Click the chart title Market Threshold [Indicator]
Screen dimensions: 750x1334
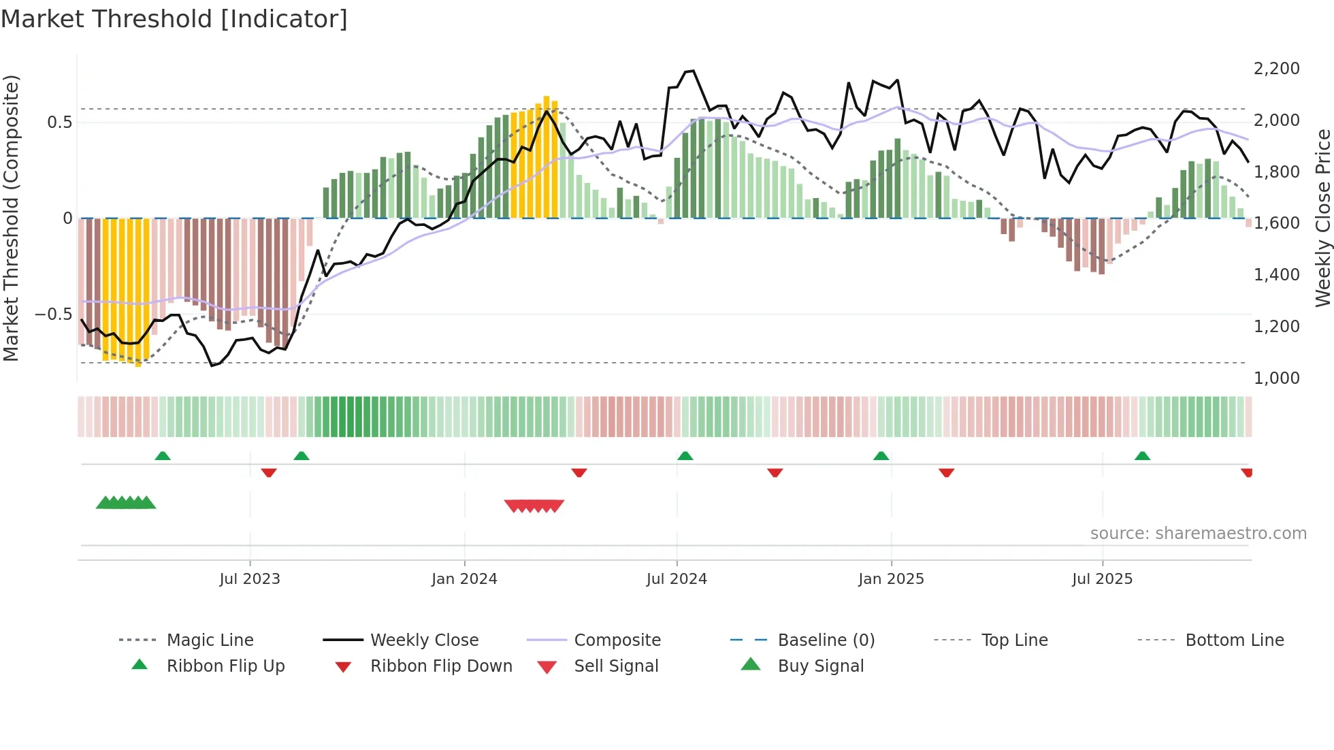174,19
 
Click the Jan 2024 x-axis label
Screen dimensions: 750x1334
464,579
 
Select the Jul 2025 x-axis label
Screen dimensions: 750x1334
1102,579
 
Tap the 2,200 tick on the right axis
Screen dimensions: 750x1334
1276,69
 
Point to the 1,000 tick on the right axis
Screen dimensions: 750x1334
1276,378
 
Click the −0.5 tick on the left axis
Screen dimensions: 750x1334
53,314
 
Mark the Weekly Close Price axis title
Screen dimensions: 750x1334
1322,218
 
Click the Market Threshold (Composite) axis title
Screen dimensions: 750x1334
11,218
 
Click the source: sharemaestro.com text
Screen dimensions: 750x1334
1198,534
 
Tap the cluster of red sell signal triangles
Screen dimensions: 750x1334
534,506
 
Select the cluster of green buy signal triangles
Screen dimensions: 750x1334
126,503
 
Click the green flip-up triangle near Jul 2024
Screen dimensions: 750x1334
685,456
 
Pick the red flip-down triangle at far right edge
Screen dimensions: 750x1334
1247,472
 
